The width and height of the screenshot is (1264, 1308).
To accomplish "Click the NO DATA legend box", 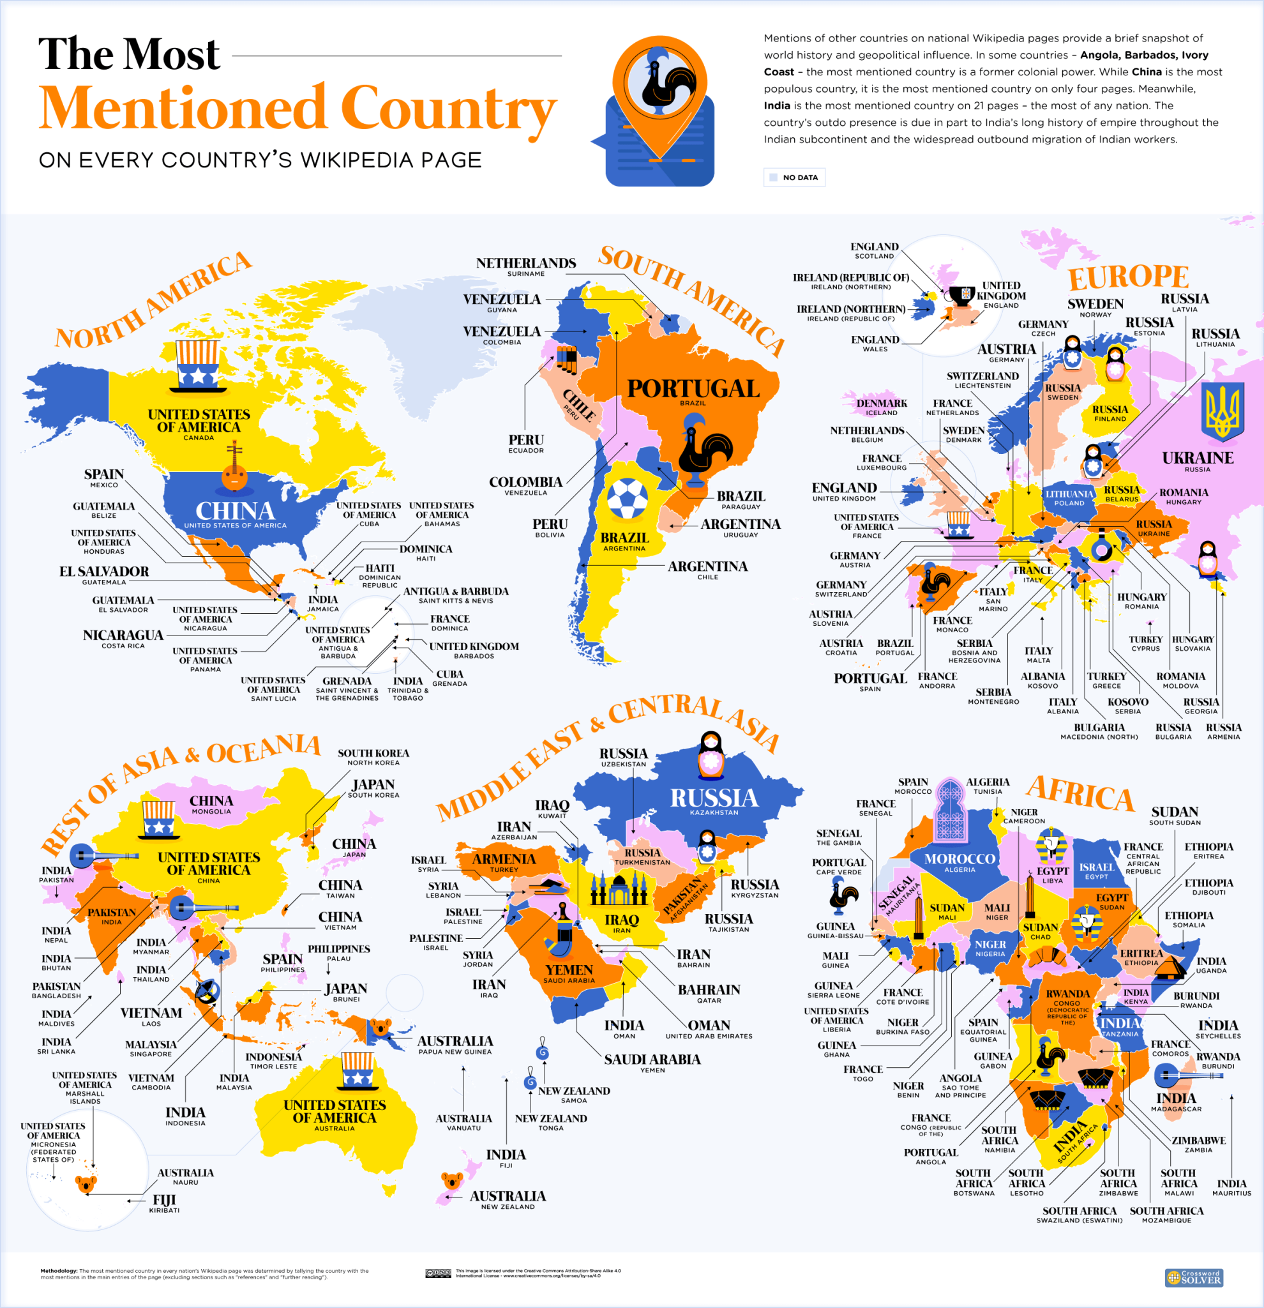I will tap(794, 178).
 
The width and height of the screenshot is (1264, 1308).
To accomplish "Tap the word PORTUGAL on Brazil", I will tap(693, 388).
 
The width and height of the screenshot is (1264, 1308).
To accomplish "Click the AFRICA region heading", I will tap(1080, 794).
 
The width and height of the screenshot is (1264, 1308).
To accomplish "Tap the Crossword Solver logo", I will tap(1193, 1277).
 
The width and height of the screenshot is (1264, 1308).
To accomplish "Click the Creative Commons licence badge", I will tap(438, 1274).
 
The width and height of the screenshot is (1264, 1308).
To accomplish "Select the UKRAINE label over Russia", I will tap(1198, 458).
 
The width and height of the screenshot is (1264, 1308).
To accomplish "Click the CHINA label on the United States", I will tap(235, 511).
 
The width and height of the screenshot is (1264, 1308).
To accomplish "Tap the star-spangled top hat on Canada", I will tap(197, 366).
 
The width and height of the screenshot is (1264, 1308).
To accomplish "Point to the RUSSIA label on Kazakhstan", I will tap(714, 798).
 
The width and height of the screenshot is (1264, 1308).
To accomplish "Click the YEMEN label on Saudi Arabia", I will tap(568, 970).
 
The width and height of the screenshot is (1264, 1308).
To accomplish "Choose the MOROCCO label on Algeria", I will tap(959, 859).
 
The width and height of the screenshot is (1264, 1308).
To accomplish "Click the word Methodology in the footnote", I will tap(59, 1270).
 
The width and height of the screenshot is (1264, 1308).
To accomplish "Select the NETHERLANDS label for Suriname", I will tap(525, 264).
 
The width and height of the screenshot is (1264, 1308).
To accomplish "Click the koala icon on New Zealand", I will tap(452, 1181).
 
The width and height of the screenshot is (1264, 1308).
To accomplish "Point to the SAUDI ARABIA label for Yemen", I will tap(652, 1059).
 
